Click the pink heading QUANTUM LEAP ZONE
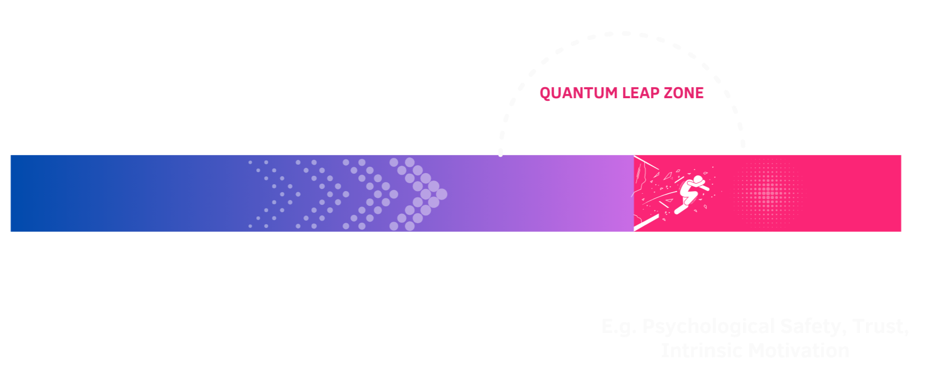coord(621,93)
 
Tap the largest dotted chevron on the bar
coord(420,194)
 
